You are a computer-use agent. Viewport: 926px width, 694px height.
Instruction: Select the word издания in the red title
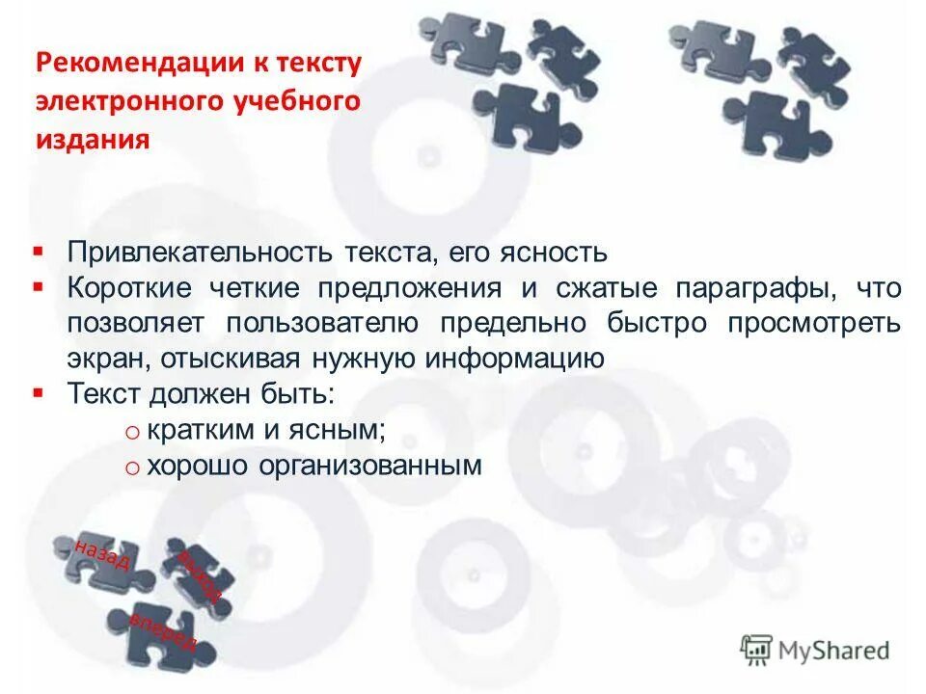tap(94, 140)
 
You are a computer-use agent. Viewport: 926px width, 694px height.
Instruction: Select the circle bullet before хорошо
tap(133, 467)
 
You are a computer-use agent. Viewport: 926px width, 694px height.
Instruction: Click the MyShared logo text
tap(834, 651)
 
